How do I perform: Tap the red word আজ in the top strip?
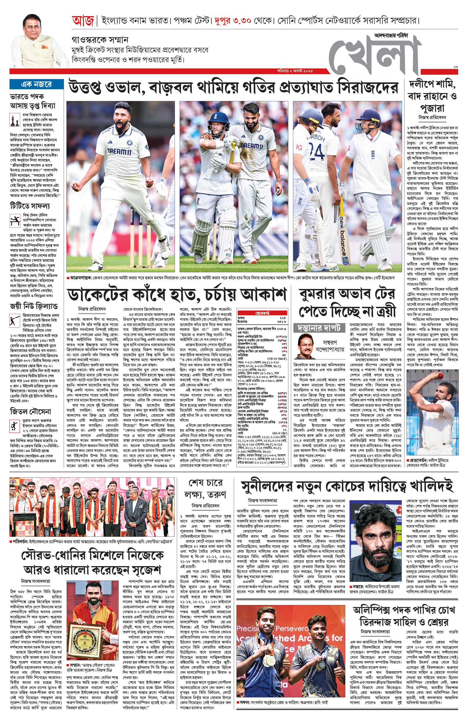click(83, 21)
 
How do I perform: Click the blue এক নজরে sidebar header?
click(37, 84)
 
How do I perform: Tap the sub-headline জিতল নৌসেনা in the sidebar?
click(31, 411)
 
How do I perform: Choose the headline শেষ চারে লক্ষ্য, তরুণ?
click(205, 488)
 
